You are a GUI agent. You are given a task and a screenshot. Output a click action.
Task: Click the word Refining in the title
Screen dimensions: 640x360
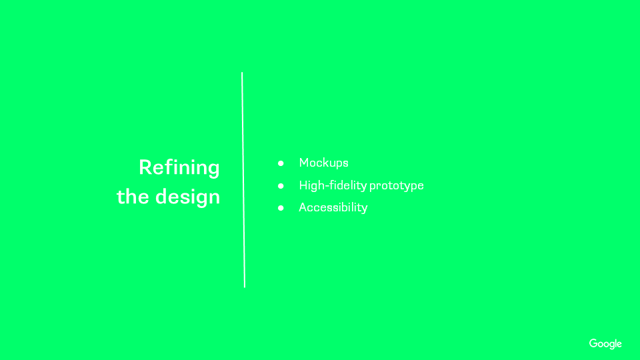click(x=179, y=168)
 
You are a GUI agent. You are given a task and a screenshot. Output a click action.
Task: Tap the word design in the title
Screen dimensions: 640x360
click(x=188, y=197)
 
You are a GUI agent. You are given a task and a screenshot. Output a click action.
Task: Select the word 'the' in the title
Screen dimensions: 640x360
click(x=133, y=196)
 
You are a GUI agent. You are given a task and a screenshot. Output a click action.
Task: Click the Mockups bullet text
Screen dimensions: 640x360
click(x=324, y=163)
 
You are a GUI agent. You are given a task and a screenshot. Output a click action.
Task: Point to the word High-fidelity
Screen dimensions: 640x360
click(x=333, y=185)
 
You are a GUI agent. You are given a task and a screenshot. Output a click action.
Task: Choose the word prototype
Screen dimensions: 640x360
click(x=396, y=186)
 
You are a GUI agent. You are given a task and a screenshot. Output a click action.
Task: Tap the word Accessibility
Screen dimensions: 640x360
click(x=333, y=207)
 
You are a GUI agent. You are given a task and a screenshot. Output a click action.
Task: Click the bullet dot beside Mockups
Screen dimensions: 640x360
click(x=281, y=163)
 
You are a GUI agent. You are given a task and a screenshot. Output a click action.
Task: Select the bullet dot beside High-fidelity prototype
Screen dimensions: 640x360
click(x=281, y=186)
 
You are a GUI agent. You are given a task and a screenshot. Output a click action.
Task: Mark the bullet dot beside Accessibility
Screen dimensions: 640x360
click(x=281, y=208)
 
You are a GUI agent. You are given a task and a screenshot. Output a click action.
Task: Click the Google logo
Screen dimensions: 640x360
click(x=605, y=344)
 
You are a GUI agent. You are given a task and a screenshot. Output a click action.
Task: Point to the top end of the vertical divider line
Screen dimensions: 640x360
click(x=242, y=73)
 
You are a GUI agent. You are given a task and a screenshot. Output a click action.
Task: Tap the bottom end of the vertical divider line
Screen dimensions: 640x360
click(x=245, y=287)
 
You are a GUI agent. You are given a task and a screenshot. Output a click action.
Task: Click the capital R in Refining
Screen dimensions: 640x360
click(x=146, y=167)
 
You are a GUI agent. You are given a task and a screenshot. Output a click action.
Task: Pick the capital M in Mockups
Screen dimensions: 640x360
click(x=304, y=163)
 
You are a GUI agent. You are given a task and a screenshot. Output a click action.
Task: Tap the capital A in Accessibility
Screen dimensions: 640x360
click(x=303, y=207)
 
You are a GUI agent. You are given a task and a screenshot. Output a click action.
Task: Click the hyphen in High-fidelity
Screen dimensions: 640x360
click(x=327, y=187)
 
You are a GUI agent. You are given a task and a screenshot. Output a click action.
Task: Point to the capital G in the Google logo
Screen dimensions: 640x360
click(x=593, y=343)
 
